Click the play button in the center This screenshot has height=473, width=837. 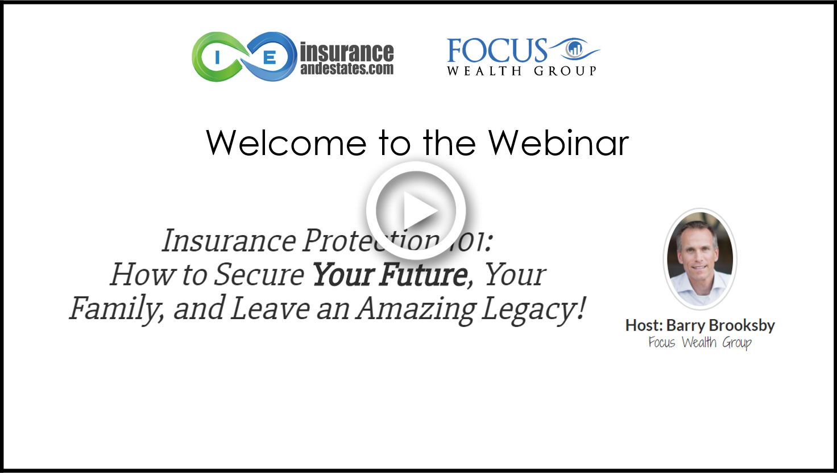pos(416,211)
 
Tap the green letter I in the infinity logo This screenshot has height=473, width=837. pos(217,58)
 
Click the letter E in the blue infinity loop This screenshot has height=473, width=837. pos(269,58)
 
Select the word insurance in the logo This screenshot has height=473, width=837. pos(347,52)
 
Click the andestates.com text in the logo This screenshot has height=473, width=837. pos(347,69)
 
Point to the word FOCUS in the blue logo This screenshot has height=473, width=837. pos(497,51)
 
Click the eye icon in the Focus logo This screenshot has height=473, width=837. pos(574,49)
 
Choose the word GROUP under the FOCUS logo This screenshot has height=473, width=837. pos(565,71)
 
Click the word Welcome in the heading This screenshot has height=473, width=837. pos(286,143)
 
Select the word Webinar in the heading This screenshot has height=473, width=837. pos(558,143)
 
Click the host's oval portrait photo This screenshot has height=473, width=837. pos(700,259)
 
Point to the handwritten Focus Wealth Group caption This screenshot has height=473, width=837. pos(700,342)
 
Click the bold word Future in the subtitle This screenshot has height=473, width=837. pos(424,275)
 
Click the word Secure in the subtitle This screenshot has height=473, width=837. pos(259,275)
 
